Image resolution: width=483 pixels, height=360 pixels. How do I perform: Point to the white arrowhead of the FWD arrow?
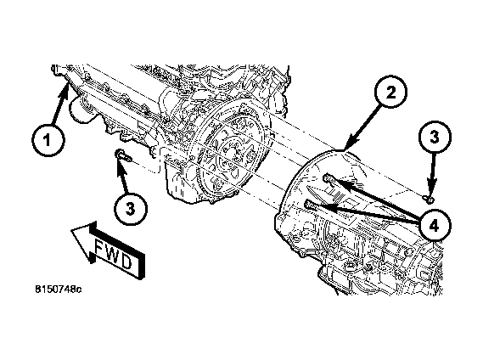[x=77, y=239]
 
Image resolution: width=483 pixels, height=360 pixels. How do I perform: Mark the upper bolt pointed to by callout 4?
[x=327, y=177]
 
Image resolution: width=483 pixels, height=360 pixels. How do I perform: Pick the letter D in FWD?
[x=126, y=262]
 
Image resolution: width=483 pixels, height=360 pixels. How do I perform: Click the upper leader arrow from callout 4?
[x=373, y=200]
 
